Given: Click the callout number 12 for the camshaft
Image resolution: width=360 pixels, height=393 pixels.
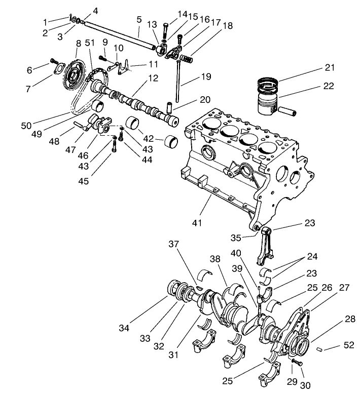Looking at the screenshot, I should pos(153,78).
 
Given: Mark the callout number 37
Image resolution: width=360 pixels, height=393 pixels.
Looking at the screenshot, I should pos(175,244).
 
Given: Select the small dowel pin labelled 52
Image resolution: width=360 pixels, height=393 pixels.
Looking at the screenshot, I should pos(319,349).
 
